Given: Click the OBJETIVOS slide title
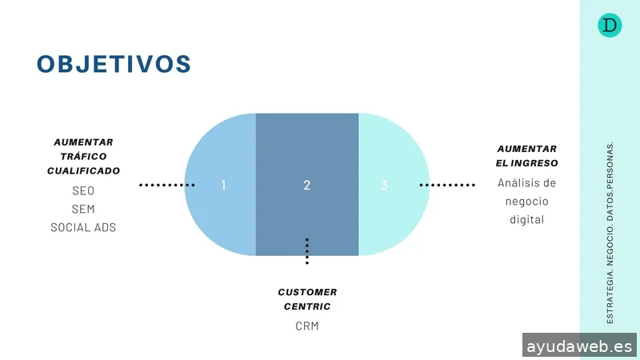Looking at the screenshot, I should (x=114, y=64).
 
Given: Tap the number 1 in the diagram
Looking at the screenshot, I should (x=223, y=185).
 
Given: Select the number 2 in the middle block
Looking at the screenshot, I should (x=307, y=185).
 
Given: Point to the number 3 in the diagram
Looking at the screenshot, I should (x=384, y=185).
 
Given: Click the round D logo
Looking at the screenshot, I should (x=610, y=26).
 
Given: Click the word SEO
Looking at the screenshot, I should (x=83, y=192).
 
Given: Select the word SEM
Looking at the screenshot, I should (x=83, y=210).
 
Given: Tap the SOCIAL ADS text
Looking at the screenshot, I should (x=83, y=227).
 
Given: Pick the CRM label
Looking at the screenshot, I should (x=307, y=326).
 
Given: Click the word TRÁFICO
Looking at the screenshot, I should (x=83, y=156).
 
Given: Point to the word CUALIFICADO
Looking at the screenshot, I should (x=83, y=170).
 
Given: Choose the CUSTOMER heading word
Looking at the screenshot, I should (x=307, y=292).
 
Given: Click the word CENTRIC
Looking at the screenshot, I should (x=307, y=306).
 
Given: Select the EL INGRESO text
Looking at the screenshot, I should (x=526, y=163).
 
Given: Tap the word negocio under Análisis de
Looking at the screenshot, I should (x=526, y=201).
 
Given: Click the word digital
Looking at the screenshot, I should (x=526, y=219).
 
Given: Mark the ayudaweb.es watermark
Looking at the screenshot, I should (x=580, y=346).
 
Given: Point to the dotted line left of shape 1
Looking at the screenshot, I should (x=166, y=185).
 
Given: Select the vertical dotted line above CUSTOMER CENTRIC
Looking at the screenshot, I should (x=307, y=250).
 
